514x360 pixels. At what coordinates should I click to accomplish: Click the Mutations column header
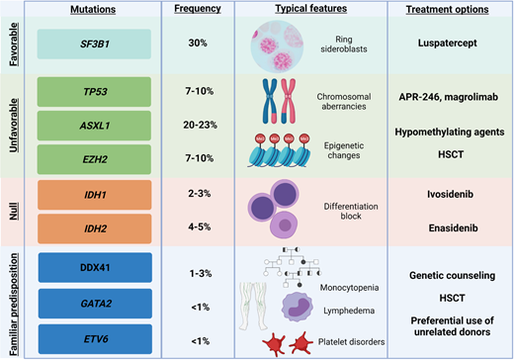click(95, 10)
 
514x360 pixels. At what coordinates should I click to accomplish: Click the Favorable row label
click(13, 45)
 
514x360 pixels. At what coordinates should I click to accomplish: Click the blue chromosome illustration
click(272, 100)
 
